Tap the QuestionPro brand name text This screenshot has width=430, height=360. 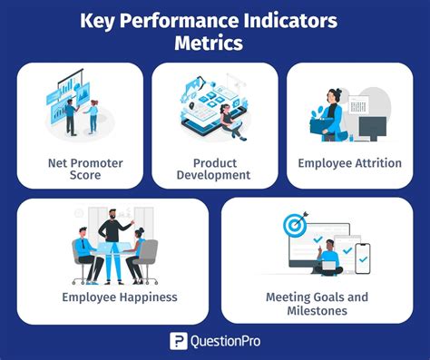pyautogui.click(x=228, y=341)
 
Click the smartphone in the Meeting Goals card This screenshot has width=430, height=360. pyautogui.click(x=363, y=258)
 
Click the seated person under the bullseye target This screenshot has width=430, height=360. pyautogui.click(x=327, y=259)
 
